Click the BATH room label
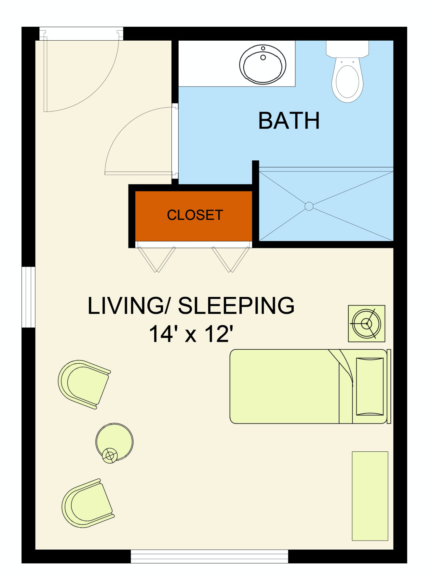point(289,121)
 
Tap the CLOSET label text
point(195,215)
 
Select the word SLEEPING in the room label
point(236,306)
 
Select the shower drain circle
point(309,206)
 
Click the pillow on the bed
point(370,386)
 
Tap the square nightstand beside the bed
point(367,323)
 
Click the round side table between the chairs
point(115,441)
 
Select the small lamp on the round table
point(110,455)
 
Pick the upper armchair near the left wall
point(84,384)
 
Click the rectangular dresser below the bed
point(370,496)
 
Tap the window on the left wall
point(28,297)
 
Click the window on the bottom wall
point(209,556)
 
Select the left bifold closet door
point(157,259)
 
